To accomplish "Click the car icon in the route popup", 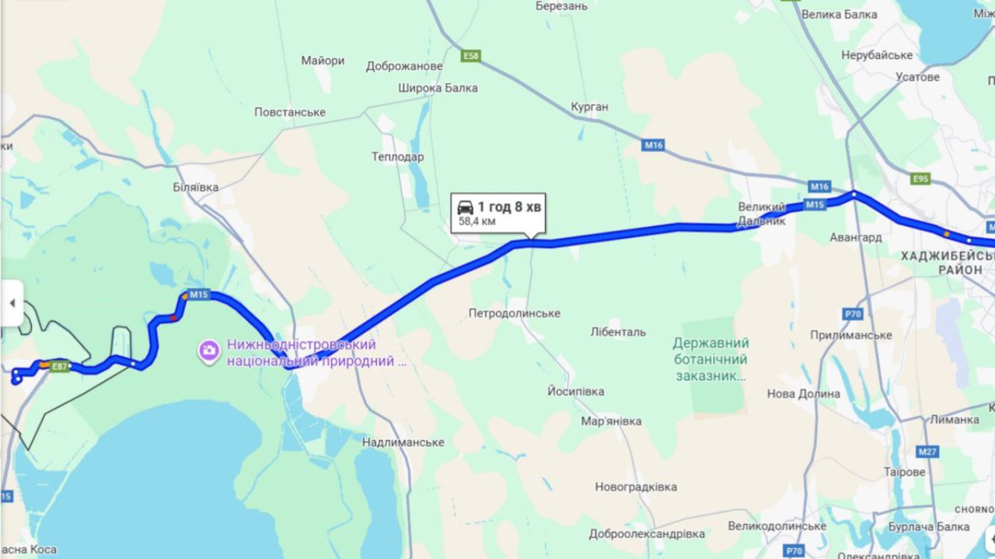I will point(465,207).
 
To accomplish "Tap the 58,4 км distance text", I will point(477,222).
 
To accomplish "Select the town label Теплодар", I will point(397,157).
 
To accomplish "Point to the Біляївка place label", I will point(195,187).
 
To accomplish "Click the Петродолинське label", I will point(514,313).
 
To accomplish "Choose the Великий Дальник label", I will point(762,214).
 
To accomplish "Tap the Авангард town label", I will point(855,237).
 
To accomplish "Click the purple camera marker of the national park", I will point(209,351).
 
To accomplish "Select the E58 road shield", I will point(471,56).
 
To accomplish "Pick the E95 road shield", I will point(920,179).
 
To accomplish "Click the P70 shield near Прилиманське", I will point(853,314).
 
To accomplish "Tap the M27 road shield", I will point(927,452).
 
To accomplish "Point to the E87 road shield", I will point(60,366).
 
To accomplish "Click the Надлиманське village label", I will point(403,442).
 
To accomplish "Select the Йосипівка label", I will point(575,391).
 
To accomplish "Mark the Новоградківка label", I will point(636,487).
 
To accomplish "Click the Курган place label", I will point(589,107).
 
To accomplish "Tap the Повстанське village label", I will point(290,113).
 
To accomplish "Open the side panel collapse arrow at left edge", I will point(12,302).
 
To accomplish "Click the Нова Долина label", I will point(803,394).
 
